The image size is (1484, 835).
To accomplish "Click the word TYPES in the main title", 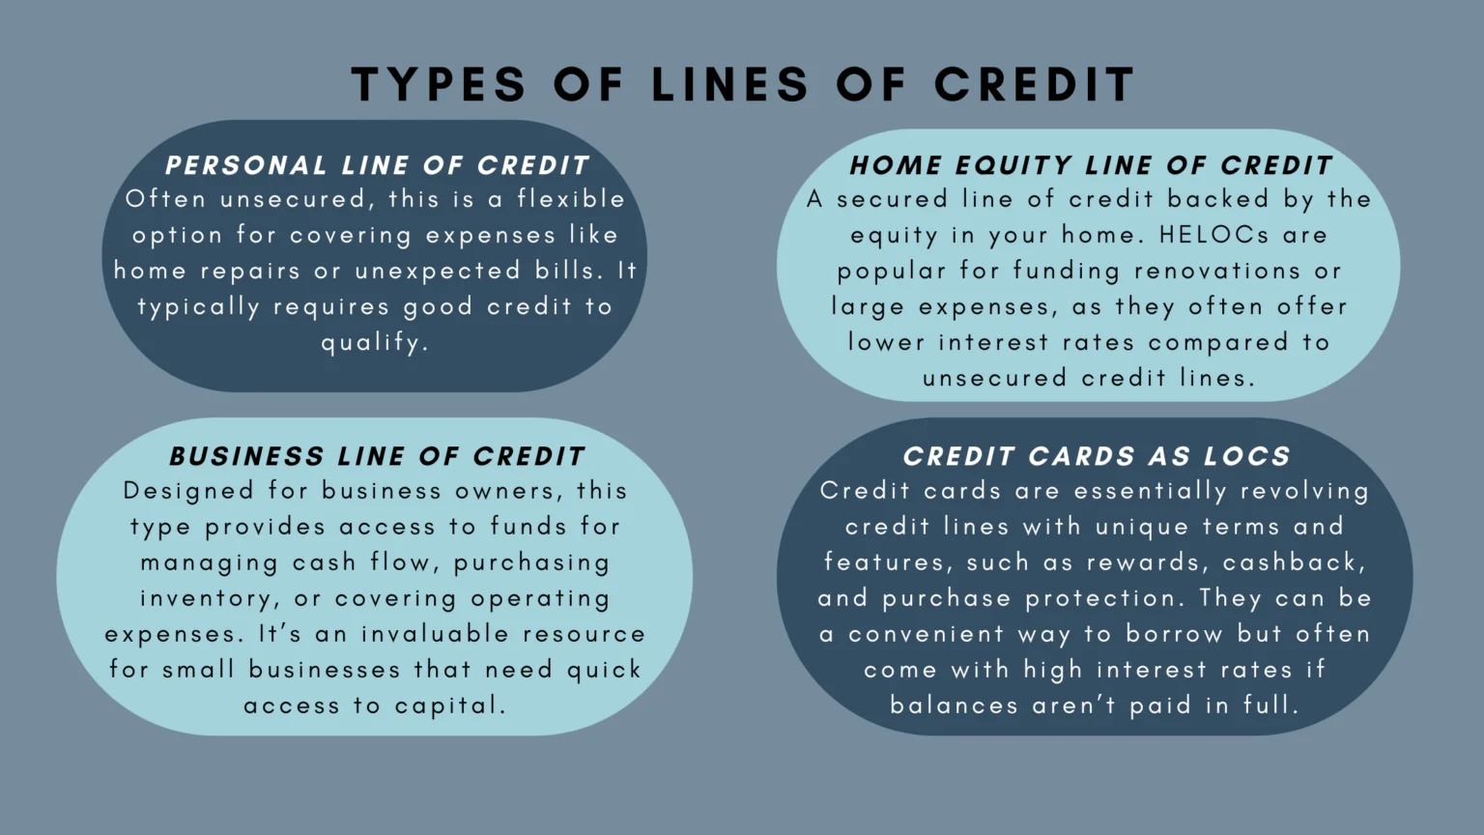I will click(439, 85).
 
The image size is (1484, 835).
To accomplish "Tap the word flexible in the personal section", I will click(571, 199).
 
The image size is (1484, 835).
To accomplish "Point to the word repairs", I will click(250, 271).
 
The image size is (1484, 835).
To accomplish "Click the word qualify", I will click(374, 343).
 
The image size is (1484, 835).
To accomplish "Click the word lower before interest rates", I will click(886, 342).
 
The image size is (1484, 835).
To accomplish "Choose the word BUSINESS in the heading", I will click(246, 456).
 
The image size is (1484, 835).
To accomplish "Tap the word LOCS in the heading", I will click(1247, 456).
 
